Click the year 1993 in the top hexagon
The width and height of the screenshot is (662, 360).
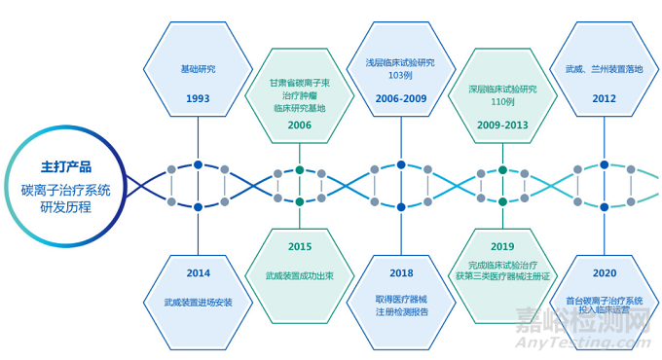[199, 99]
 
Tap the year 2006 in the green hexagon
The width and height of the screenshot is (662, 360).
[299, 125]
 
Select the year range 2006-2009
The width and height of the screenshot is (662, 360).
[400, 99]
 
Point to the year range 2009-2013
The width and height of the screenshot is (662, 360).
[501, 125]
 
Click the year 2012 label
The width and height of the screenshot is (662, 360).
[604, 99]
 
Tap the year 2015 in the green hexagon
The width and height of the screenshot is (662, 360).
[299, 247]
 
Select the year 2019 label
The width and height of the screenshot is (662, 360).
[501, 247]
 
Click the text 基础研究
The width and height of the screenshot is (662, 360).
[199, 70]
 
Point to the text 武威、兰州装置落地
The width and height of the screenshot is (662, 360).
[604, 70]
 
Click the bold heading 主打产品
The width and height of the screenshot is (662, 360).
[66, 165]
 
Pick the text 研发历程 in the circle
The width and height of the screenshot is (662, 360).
[66, 206]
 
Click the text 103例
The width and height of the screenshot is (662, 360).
[400, 75]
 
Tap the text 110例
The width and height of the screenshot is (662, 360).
[501, 101]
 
